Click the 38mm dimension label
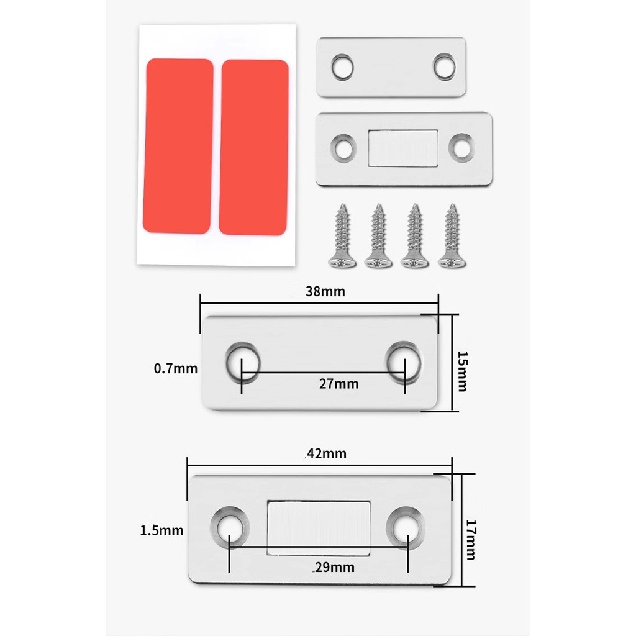pyautogui.click(x=325, y=291)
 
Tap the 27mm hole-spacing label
pyautogui.click(x=338, y=384)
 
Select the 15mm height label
pyautogui.click(x=462, y=371)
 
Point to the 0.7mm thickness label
pyautogui.click(x=176, y=368)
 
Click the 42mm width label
pyautogui.click(x=327, y=453)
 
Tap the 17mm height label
pyautogui.click(x=471, y=540)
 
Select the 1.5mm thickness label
pyautogui.click(x=161, y=530)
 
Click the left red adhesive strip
pyautogui.click(x=178, y=146)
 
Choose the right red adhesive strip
pyautogui.click(x=253, y=148)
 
